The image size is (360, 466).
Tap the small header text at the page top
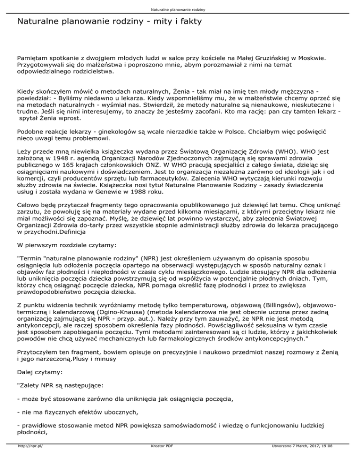180,9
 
